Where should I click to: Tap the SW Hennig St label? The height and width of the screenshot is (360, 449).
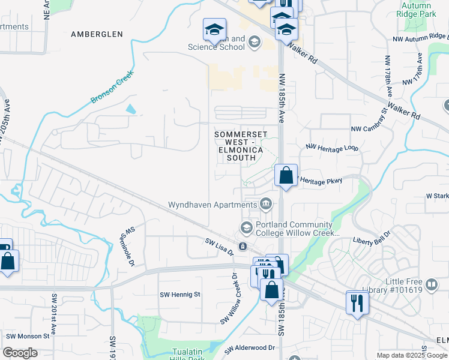(179, 295)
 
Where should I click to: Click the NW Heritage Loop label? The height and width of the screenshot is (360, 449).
(331, 146)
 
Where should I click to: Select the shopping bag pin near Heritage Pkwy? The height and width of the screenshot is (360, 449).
(286, 176)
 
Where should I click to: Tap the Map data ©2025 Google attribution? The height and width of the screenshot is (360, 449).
(412, 355)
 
